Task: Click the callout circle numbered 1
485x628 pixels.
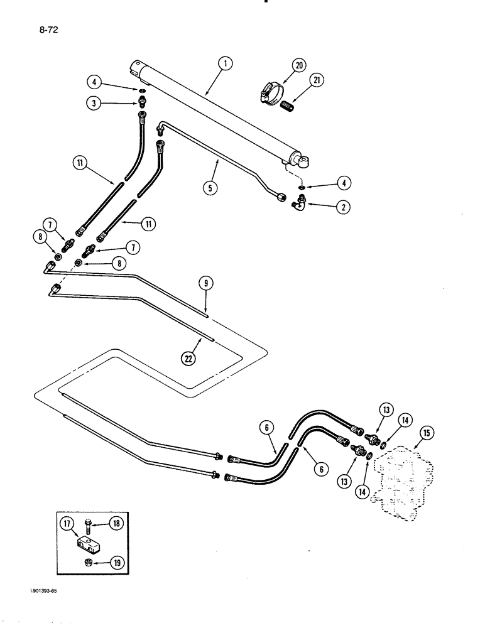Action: tap(226, 63)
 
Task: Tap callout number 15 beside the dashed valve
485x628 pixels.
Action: tap(427, 433)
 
